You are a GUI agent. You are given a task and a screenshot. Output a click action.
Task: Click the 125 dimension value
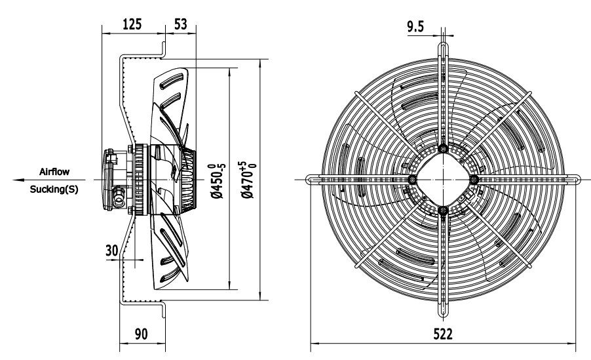point(132,24)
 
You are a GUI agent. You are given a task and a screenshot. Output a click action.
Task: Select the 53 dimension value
point(181,24)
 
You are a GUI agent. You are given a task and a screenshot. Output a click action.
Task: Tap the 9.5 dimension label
point(415,26)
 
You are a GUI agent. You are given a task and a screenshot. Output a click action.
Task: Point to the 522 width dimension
point(442,334)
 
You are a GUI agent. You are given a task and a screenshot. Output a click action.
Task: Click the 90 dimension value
point(141,334)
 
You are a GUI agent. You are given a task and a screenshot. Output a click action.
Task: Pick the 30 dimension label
point(111,250)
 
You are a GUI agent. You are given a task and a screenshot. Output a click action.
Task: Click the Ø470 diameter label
point(248,180)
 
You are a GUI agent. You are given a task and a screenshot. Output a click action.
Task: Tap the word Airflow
point(54,172)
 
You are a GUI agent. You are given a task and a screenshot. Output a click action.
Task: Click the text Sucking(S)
point(54,190)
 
